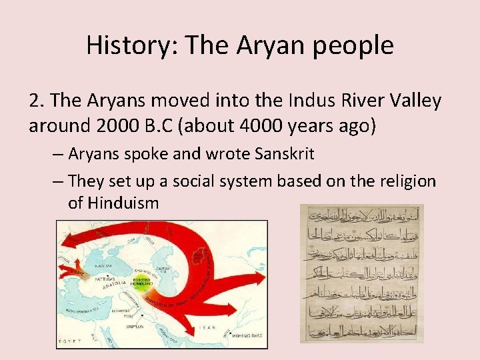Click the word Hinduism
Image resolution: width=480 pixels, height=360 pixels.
113,203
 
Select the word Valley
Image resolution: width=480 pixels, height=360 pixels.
411,101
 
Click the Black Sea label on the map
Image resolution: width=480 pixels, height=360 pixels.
106,265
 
